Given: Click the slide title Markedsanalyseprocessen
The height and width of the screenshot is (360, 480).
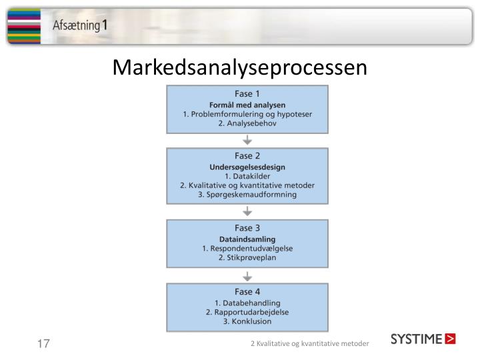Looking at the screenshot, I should click(240, 67).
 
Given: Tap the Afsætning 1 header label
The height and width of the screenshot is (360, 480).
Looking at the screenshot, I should click(81, 26).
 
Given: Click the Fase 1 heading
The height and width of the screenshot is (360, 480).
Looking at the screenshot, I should click(247, 94).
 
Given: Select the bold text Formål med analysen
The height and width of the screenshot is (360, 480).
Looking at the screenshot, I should click(247, 105).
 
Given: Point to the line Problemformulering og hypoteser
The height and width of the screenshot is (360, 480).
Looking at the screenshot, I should click(247, 114).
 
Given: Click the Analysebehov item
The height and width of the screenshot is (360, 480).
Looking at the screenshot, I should click(247, 123).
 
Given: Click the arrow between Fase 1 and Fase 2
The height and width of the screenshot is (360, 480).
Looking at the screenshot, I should click(247, 140).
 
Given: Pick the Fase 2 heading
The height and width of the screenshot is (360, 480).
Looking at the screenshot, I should click(247, 156).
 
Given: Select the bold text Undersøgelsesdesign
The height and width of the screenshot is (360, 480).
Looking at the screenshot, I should click(247, 167).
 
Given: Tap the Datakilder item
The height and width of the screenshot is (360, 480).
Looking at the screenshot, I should click(247, 176).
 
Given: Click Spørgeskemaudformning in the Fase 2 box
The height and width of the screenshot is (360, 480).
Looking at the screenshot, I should click(247, 195).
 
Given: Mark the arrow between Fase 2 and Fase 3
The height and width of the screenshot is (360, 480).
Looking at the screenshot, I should click(247, 211).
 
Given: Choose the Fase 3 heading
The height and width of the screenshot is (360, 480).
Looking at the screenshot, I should click(247, 228).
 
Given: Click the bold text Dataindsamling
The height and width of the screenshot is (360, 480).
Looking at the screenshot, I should click(247, 239).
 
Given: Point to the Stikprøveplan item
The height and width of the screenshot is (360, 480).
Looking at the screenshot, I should click(247, 257).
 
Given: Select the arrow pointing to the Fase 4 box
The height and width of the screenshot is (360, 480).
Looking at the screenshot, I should click(247, 275).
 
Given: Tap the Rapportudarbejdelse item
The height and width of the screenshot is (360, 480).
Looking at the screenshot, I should click(247, 311).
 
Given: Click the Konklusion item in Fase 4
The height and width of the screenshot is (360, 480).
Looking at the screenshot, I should click(247, 321).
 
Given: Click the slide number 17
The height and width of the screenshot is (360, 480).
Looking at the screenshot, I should click(43, 344).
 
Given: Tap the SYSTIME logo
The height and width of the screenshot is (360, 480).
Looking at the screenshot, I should click(423, 339).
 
